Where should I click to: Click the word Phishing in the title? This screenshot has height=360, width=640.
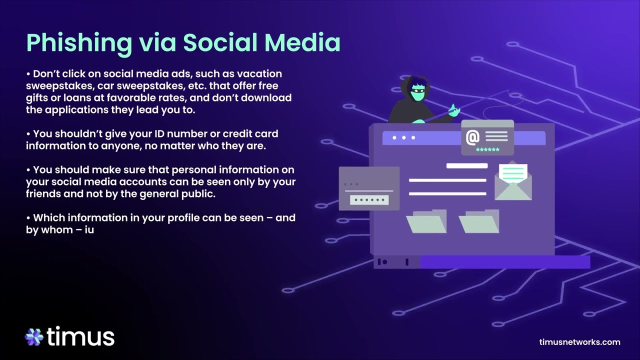coord(70,43)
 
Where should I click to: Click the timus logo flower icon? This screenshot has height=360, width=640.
coord(34,337)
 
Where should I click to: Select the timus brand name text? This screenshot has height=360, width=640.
coord(81,336)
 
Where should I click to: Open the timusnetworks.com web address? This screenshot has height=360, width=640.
coord(580,342)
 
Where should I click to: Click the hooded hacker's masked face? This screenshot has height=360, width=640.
coord(418,93)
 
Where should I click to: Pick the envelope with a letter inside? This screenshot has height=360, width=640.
coord(513,181)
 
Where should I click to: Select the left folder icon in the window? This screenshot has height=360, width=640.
coord(426,222)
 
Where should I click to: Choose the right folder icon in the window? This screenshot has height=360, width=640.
coord(479,222)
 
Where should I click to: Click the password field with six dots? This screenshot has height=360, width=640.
coord(369,200)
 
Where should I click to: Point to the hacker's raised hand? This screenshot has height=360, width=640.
coord(453,110)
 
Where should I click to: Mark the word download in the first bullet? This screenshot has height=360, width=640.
coord(268,97)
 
